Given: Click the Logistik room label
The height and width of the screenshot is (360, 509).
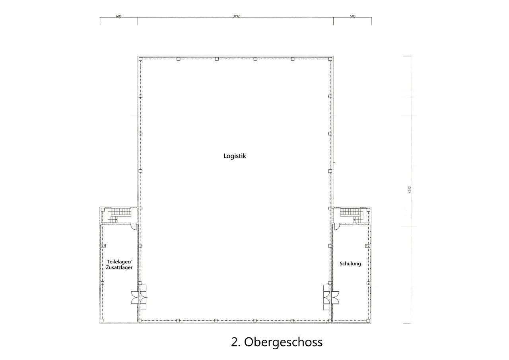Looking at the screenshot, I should [235, 156].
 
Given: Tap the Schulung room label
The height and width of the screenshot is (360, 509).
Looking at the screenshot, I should [350, 263].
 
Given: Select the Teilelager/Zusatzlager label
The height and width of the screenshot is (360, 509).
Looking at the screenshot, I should [119, 265].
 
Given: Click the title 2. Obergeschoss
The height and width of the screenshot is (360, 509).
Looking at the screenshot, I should [276, 342].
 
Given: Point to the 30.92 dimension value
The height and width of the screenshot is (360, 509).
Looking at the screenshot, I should [236, 16].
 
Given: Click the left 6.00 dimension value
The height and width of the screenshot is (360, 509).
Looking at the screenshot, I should [119, 16].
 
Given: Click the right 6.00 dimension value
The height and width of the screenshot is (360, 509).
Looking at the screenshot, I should [352, 16].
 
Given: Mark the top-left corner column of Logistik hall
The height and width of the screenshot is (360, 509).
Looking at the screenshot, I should [140, 59].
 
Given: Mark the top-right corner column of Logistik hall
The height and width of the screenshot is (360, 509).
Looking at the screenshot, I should [330, 59].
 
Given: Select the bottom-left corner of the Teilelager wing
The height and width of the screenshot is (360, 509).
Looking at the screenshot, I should [100, 322].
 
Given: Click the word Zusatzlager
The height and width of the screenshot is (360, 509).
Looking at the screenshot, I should [119, 268].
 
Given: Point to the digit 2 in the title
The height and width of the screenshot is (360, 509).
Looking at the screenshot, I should [234, 342].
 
